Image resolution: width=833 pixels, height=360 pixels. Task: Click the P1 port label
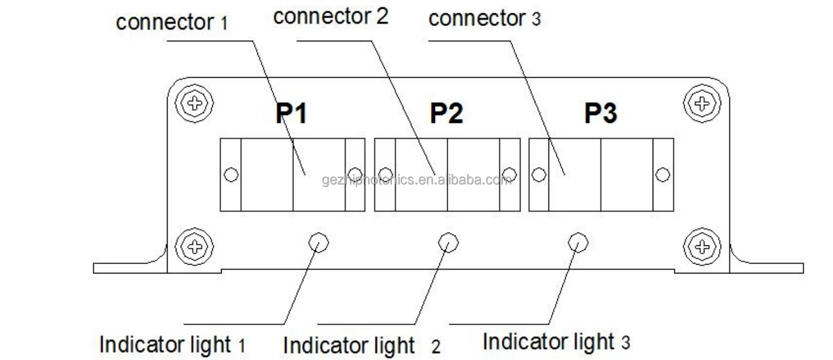291,114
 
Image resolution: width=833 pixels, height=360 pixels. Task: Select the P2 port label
447,114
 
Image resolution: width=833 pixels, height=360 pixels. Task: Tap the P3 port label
600,114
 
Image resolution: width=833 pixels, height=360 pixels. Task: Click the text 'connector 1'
171,23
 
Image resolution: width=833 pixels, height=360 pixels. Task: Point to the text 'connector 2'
331,17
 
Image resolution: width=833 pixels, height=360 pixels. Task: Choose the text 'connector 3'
485,19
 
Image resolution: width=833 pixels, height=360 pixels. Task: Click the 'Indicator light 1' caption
172,345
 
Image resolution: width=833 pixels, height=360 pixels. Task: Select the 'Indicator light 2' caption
362,346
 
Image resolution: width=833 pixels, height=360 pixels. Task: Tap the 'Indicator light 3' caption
556,342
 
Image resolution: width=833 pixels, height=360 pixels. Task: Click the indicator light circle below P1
318,242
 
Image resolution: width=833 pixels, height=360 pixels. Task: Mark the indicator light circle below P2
448,242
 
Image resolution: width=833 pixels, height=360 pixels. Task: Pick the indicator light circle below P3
578,242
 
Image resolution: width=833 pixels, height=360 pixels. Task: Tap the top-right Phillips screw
701,103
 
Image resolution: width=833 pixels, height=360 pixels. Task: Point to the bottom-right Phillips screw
701,246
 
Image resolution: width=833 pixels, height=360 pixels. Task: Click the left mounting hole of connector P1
231,175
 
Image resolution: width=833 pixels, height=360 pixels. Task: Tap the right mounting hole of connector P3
663,175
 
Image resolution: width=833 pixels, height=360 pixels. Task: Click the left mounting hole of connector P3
539,175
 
